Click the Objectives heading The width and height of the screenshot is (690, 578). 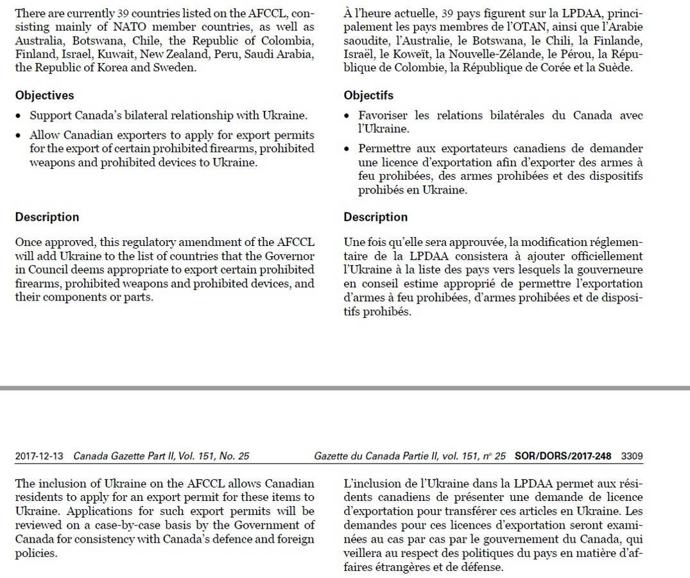(44, 95)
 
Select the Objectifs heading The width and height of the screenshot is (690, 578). (368, 95)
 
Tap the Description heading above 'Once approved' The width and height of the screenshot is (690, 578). (47, 217)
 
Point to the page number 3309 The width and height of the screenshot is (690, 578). (632, 456)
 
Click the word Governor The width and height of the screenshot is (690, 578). (292, 256)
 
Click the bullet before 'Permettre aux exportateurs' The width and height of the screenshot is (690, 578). (347, 149)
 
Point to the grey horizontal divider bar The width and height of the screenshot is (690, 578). (345, 388)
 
